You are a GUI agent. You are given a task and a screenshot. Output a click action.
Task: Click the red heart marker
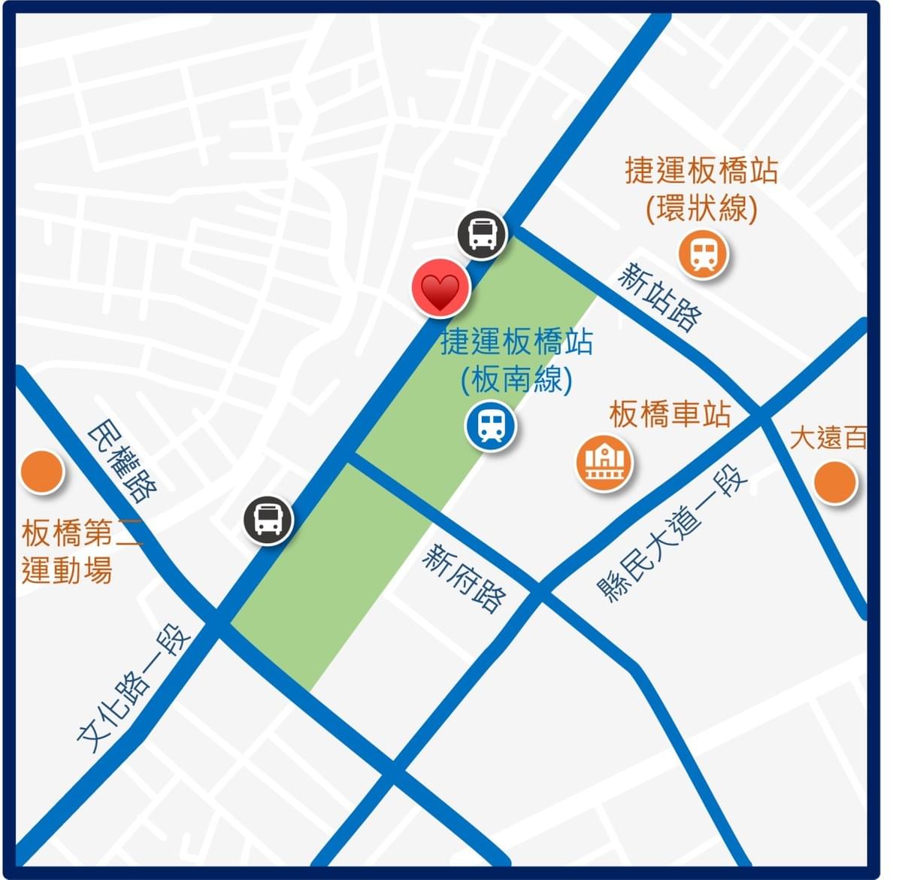coord(440,288)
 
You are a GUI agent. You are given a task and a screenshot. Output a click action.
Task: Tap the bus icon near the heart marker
coord(482,234)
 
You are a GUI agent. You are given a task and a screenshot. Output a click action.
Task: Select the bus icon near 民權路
coord(268,520)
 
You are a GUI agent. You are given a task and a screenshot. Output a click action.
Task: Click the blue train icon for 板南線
coord(491,426)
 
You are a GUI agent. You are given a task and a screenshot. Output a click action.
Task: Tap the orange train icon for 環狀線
coord(704,254)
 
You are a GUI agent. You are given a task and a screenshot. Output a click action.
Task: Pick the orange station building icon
coord(604,463)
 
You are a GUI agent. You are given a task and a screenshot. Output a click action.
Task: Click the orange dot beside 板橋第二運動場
coord(41,472)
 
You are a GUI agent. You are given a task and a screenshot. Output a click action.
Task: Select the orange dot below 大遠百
coord(835,482)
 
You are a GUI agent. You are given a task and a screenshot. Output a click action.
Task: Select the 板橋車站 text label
coord(670,414)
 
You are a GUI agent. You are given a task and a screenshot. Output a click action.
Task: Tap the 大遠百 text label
coord(828,437)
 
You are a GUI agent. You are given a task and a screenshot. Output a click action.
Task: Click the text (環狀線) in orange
coord(701,208)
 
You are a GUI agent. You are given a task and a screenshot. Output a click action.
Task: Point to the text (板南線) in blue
coord(516,379)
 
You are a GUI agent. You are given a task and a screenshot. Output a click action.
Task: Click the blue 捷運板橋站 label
coord(516,341)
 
